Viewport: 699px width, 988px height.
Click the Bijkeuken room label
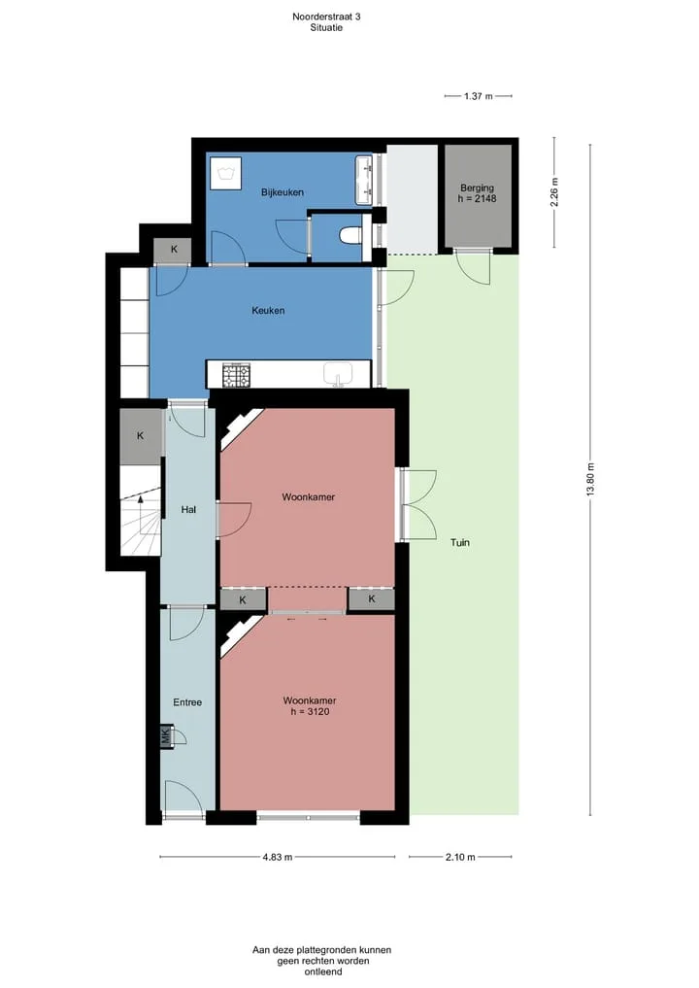click(283, 192)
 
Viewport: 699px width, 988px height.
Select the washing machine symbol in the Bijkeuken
click(225, 172)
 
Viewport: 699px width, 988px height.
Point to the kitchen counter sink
click(338, 374)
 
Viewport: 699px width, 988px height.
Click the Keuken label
click(268, 311)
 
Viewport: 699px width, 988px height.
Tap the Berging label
click(478, 187)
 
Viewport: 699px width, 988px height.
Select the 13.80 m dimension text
click(590, 480)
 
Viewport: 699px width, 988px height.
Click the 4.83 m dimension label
click(278, 857)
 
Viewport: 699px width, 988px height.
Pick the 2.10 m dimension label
click(460, 857)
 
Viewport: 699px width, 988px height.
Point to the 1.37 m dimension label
click(478, 96)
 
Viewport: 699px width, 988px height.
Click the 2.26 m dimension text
click(554, 192)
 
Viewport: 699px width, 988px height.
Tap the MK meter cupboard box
click(166, 735)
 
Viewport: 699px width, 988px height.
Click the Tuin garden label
click(460, 542)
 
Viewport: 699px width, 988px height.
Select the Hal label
click(188, 510)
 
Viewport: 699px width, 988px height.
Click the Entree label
click(187, 702)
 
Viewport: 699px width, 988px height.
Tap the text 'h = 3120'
click(309, 712)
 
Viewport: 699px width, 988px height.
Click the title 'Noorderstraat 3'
click(326, 17)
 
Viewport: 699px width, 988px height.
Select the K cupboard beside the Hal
click(141, 436)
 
